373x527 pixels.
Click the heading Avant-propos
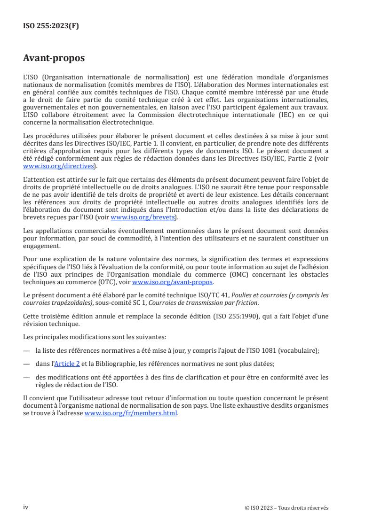(54, 58)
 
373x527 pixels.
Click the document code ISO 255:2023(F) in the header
(51, 26)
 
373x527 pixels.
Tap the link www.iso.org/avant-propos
(173, 282)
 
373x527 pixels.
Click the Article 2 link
(67, 364)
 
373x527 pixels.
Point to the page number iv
(26, 507)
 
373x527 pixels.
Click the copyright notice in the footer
(287, 508)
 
